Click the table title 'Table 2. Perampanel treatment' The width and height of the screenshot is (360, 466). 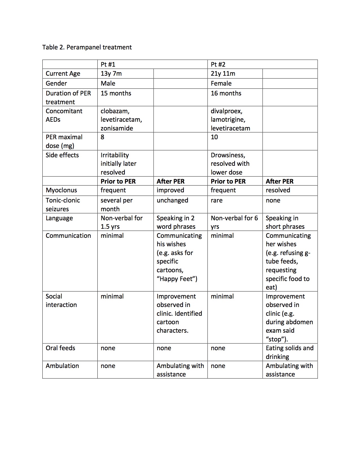click(x=87, y=47)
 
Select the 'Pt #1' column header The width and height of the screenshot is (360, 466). click(x=108, y=64)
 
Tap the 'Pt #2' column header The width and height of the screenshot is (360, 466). click(x=218, y=64)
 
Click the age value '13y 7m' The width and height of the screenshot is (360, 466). click(x=111, y=74)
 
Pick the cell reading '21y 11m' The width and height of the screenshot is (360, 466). click(x=223, y=74)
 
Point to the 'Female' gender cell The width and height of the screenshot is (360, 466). click(x=221, y=83)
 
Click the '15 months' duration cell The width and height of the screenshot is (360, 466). click(x=116, y=93)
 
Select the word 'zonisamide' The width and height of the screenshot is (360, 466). click(x=117, y=128)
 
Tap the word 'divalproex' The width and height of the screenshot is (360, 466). click(x=226, y=111)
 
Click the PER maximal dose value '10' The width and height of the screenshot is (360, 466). click(x=214, y=137)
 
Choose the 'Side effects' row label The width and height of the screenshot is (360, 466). click(x=62, y=155)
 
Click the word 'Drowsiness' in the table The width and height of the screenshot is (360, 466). click(x=228, y=155)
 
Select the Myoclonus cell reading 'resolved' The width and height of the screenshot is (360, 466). click(x=278, y=190)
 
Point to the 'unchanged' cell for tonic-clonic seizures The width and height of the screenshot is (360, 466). click(x=172, y=200)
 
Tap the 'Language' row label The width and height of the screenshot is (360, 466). click(x=59, y=218)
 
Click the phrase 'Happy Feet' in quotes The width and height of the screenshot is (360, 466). click(x=177, y=279)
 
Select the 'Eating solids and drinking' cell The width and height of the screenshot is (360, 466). click(x=289, y=352)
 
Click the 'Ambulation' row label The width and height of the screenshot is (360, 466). click(x=62, y=366)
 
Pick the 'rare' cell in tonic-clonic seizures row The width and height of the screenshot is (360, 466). click(x=217, y=200)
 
